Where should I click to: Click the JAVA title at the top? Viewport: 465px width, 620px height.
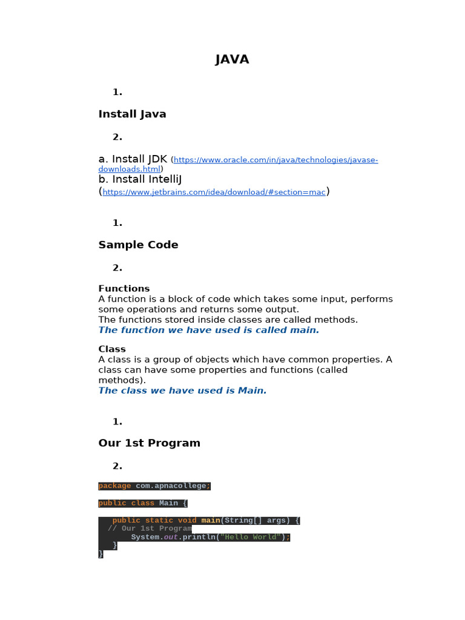point(232,59)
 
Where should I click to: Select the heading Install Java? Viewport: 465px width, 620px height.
point(132,114)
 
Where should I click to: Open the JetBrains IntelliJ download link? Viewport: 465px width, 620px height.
point(214,192)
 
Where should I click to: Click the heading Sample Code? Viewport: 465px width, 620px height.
point(138,245)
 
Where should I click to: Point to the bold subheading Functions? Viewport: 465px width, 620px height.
point(124,288)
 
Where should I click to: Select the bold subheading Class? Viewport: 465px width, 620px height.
point(112,349)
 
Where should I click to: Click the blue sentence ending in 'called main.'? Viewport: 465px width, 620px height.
point(208,330)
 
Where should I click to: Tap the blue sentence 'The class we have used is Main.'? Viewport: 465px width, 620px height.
point(182,391)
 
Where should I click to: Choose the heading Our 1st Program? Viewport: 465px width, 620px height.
point(149,443)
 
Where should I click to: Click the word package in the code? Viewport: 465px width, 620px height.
point(114,486)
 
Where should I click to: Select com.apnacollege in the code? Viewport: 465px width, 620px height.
point(170,486)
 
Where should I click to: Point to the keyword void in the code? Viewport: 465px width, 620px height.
point(187,520)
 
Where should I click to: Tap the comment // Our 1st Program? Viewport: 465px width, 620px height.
point(150,529)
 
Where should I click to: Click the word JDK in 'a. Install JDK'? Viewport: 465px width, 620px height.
point(156,159)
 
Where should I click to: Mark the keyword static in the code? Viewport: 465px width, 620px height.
point(159,520)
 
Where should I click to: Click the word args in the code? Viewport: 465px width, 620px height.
point(276,520)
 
